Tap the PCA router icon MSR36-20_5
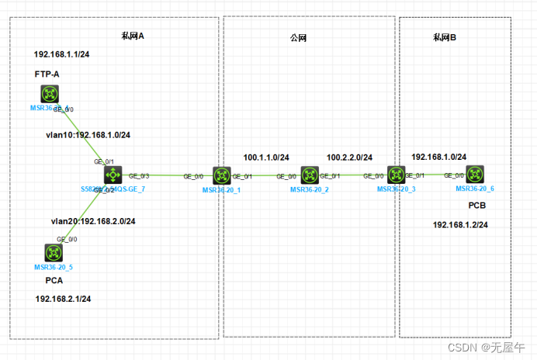tap(53, 253)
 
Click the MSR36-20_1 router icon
tap(222, 176)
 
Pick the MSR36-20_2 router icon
tap(310, 176)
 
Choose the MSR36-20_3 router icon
tap(397, 175)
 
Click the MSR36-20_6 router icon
tap(475, 175)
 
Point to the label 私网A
tap(133, 36)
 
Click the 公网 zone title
tap(299, 37)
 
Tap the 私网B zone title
tap(445, 37)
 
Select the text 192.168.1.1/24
tap(62, 56)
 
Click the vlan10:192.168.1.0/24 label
tap(88, 135)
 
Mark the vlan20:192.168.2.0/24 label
tap(93, 221)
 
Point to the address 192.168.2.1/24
tap(63, 299)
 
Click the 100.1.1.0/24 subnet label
tap(266, 157)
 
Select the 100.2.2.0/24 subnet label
tap(349, 157)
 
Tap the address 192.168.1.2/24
tap(460, 225)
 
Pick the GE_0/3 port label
tap(139, 176)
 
